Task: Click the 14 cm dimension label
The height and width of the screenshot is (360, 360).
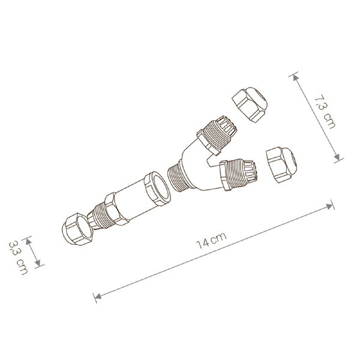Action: pos(212,241)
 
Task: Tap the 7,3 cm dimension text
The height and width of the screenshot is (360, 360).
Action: pos(325,112)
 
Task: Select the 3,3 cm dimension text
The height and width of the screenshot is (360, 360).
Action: pos(18,257)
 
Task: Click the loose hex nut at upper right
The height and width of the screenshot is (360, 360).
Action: pos(250,104)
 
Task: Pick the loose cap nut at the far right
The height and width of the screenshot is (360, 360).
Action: pos(281,164)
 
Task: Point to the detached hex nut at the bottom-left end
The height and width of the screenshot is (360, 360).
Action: pos(77,229)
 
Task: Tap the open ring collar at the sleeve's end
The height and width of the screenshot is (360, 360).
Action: pos(157,188)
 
